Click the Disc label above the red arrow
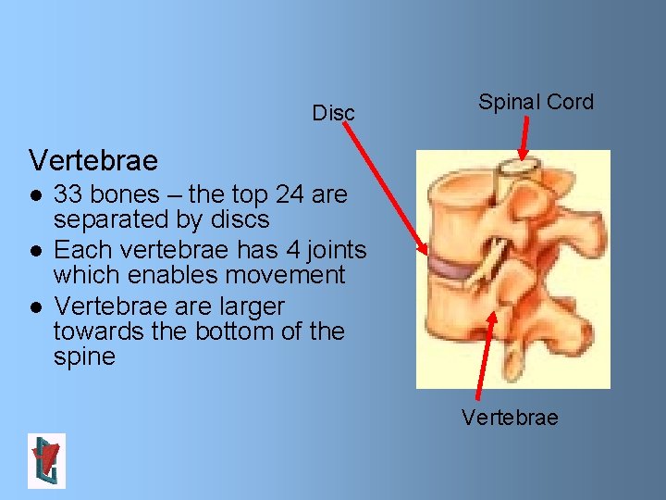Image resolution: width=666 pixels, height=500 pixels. click(x=333, y=113)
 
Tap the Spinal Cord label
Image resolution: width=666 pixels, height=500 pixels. click(x=536, y=102)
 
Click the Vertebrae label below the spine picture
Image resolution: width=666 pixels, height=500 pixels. click(x=510, y=418)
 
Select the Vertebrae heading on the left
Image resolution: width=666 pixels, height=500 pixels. click(x=93, y=160)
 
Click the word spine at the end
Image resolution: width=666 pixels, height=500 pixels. click(x=84, y=356)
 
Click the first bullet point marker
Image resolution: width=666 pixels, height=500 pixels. click(x=34, y=195)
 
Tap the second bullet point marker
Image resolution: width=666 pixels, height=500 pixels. click(x=34, y=251)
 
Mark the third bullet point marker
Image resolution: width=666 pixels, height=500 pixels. click(x=34, y=306)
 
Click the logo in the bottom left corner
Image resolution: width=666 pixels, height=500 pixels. click(x=46, y=460)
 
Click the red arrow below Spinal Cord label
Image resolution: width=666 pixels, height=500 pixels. click(x=524, y=140)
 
